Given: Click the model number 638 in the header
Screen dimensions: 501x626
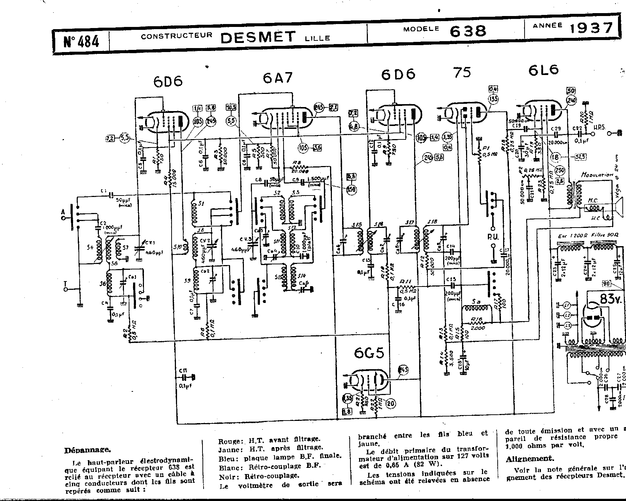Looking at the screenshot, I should (x=468, y=31).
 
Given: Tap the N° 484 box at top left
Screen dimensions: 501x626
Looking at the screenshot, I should (x=81, y=41).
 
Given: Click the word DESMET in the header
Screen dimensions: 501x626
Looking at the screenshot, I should (x=258, y=37).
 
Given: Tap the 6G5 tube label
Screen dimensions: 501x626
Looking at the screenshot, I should (x=369, y=353).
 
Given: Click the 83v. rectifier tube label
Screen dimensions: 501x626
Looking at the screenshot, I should (x=611, y=299).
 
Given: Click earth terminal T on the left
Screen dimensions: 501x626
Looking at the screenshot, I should (x=66, y=285).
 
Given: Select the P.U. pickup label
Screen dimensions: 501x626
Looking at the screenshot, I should (x=493, y=237).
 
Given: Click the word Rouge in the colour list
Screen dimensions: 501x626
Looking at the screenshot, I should (x=230, y=441).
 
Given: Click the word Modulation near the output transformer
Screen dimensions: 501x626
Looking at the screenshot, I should (x=597, y=175).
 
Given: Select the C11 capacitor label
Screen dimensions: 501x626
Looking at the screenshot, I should (x=183, y=370).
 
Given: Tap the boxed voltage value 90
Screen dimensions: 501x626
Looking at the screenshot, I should (x=606, y=284).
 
